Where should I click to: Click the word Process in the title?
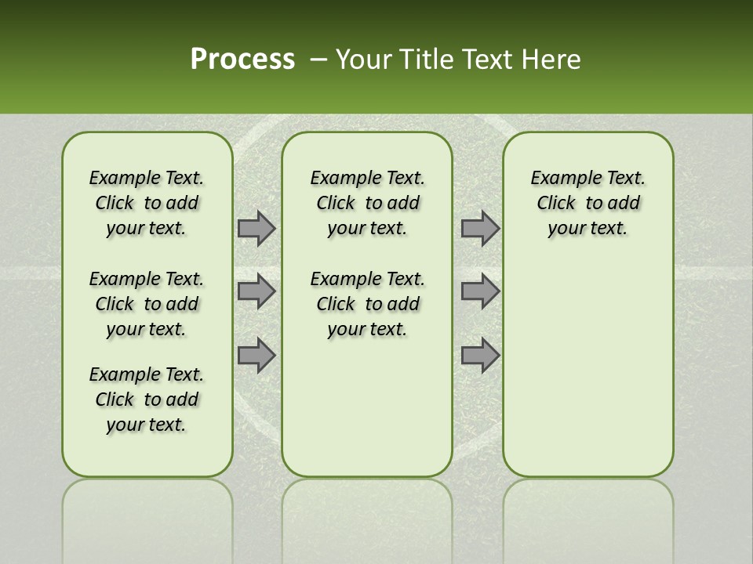click(242, 60)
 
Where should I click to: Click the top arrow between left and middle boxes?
click(256, 228)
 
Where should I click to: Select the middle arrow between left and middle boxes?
click(256, 291)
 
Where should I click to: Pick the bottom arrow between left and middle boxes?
click(256, 355)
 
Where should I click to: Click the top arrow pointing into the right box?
click(480, 228)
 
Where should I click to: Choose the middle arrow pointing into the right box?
click(480, 291)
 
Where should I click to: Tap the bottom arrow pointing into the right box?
click(480, 355)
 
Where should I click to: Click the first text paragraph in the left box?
click(147, 203)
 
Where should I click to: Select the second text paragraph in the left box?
click(147, 304)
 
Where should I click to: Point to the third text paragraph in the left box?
click(147, 399)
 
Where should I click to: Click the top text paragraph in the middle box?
click(367, 203)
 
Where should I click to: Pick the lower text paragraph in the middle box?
click(367, 304)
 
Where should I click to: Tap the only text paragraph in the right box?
click(587, 203)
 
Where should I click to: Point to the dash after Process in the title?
click(318, 60)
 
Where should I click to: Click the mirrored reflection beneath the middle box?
click(367, 517)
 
